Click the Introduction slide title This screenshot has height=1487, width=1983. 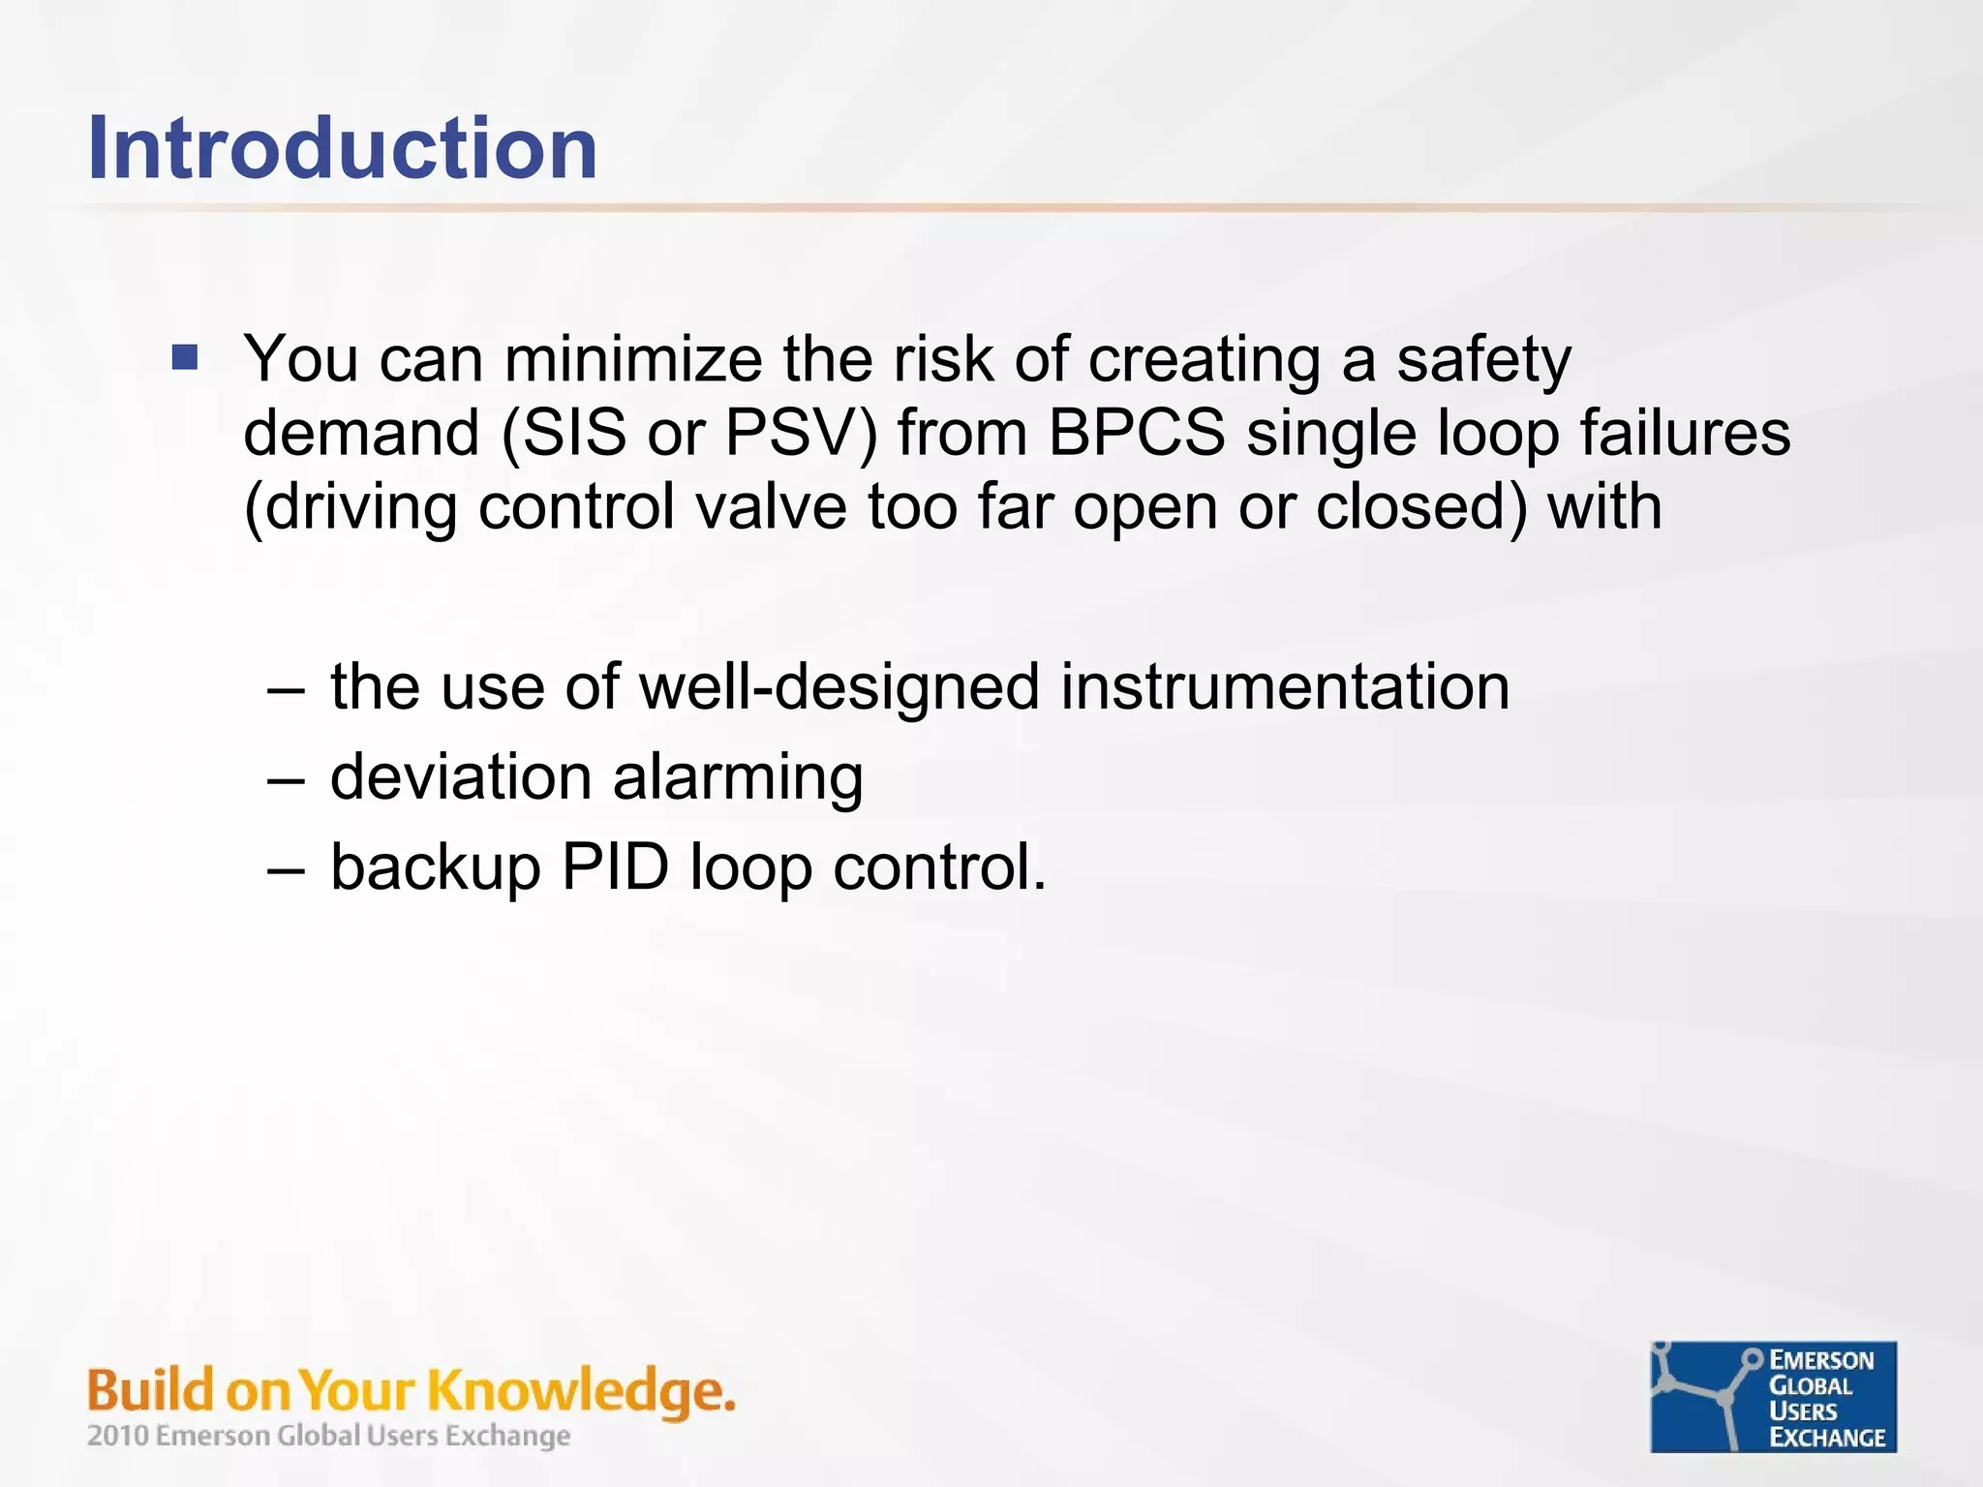pyautogui.click(x=342, y=148)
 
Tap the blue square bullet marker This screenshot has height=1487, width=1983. pyautogui.click(x=185, y=358)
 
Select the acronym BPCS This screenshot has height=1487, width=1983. pyautogui.click(x=1137, y=433)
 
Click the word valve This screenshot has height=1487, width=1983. pyautogui.click(x=771, y=506)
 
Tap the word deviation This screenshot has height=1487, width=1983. pyautogui.click(x=461, y=777)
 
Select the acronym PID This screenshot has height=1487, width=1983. pyautogui.click(x=615, y=866)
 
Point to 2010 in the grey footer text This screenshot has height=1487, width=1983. pyautogui.click(x=118, y=1435)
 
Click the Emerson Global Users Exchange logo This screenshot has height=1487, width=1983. pyautogui.click(x=1773, y=1397)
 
